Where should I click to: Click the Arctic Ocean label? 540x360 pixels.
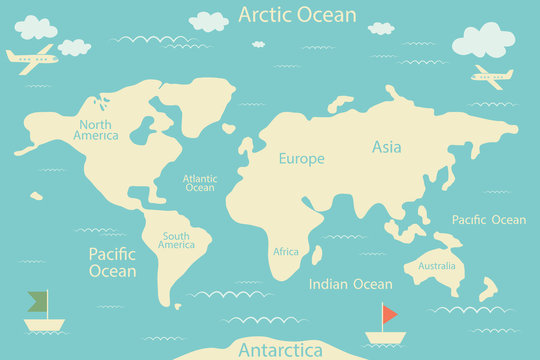[x=297, y=14]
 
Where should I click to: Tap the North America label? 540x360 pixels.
[x=96, y=130]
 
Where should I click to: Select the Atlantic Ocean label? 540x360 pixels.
[x=199, y=183]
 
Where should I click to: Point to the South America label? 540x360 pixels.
[x=176, y=240]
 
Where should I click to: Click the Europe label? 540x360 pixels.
[x=301, y=158]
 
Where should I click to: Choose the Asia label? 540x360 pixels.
[x=386, y=147]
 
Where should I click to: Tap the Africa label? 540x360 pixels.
[x=286, y=251]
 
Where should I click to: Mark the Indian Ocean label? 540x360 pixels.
[x=350, y=284]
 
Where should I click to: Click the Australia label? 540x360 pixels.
[x=436, y=266]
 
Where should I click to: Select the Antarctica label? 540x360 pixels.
[x=280, y=350]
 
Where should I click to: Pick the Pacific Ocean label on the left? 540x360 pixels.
[x=112, y=262]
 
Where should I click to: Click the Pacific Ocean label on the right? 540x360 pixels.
[x=488, y=220]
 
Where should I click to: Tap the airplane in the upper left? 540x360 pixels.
[x=32, y=55]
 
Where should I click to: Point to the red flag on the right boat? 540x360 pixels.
[x=389, y=313]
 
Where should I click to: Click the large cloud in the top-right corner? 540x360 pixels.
[x=483, y=40]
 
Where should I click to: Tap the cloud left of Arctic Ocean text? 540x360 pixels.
[x=209, y=21]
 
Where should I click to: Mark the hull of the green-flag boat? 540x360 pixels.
[x=44, y=324]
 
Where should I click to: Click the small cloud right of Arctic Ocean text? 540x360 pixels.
[x=380, y=28]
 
